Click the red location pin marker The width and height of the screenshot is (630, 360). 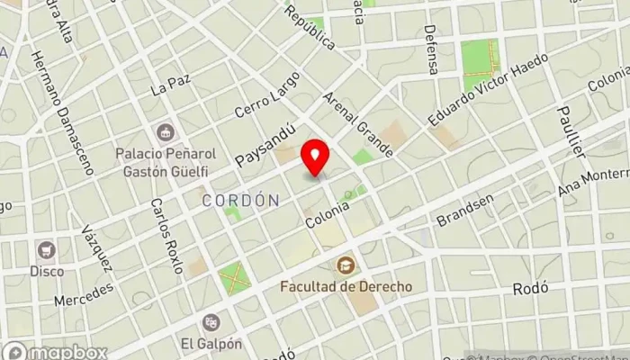(x=315, y=157)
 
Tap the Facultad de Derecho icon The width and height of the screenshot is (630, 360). (x=345, y=265)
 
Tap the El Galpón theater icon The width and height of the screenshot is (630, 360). (x=211, y=321)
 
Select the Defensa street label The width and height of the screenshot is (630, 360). (x=432, y=49)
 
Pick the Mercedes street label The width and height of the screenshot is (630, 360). (x=85, y=294)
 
